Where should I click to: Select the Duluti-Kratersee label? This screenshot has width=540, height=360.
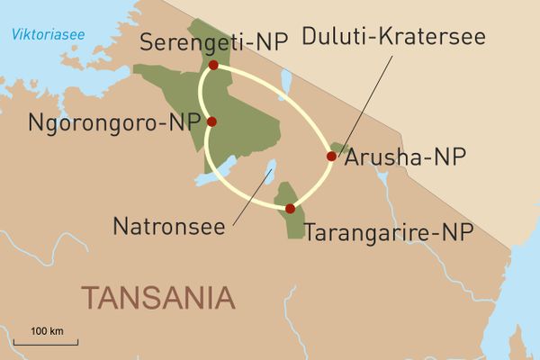[x=393, y=39]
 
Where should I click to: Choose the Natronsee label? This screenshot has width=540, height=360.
[x=168, y=225]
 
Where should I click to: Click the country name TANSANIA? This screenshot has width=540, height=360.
[x=157, y=296]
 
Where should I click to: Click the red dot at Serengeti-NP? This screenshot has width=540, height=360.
[x=213, y=66]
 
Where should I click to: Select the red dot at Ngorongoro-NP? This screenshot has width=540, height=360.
[x=211, y=121]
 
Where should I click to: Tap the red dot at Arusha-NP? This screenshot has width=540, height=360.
[x=331, y=157]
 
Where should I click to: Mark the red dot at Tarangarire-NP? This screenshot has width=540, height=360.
[x=290, y=209]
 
